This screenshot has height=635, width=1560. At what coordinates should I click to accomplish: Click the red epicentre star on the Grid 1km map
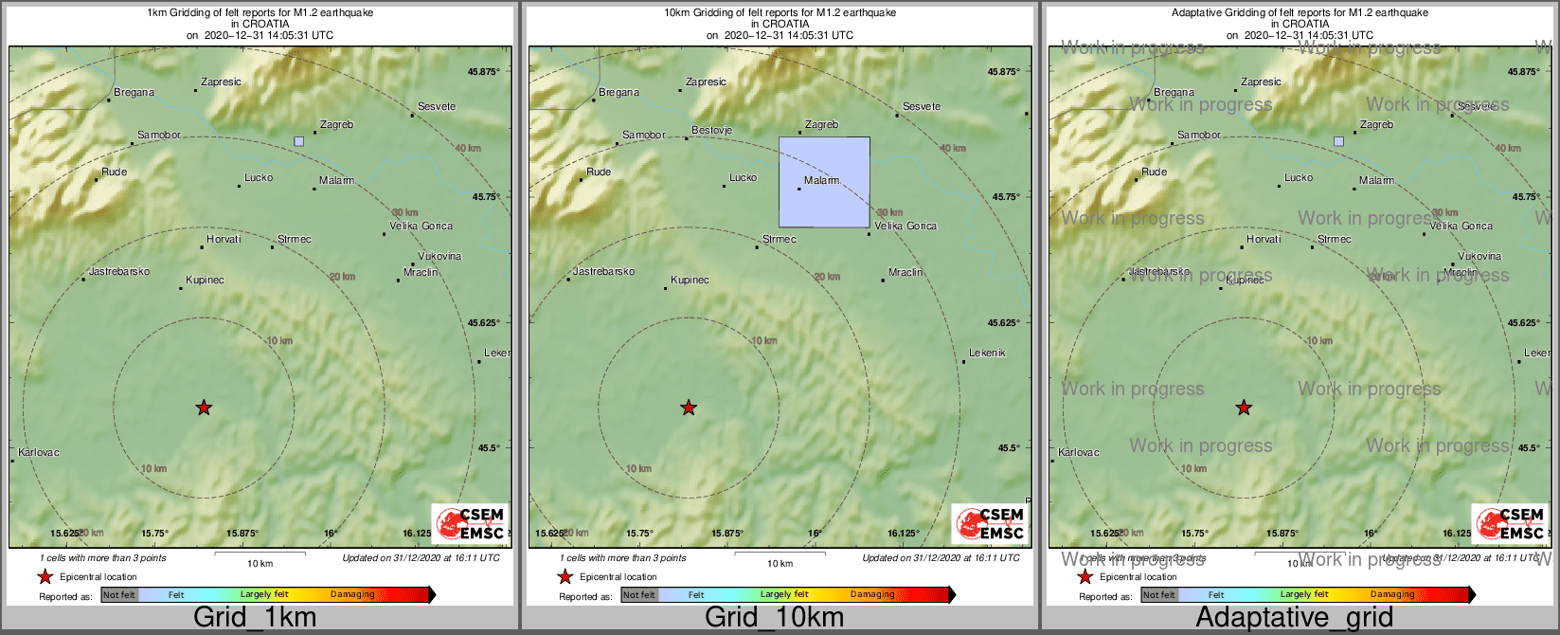click(x=204, y=408)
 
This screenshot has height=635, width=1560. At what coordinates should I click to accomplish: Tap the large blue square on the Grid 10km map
click(x=824, y=182)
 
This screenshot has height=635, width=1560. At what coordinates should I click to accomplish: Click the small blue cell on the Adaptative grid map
click(x=1338, y=141)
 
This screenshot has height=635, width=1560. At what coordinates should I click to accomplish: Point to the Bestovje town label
click(x=712, y=130)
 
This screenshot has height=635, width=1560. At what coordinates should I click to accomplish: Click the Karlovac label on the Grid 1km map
click(x=39, y=452)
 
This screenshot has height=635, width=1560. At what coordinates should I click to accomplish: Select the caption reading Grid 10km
click(x=774, y=617)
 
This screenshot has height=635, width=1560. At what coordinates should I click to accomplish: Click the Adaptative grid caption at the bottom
click(x=1294, y=617)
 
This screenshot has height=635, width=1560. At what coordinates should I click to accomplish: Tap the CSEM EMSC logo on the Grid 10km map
click(x=991, y=523)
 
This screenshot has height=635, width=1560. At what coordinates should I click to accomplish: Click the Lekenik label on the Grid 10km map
click(x=987, y=353)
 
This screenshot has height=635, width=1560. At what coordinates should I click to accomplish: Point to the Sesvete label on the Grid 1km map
click(x=437, y=106)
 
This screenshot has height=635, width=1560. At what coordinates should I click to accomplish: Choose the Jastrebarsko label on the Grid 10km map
click(x=604, y=271)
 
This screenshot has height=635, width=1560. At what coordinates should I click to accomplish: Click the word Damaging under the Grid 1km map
click(x=352, y=594)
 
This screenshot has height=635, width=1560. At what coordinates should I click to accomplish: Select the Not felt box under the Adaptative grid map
click(x=1158, y=595)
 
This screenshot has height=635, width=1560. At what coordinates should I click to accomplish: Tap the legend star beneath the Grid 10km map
click(x=565, y=576)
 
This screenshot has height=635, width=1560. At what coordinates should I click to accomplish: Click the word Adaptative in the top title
click(x=1201, y=12)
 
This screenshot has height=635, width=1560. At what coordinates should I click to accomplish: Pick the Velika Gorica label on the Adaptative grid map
click(x=1461, y=226)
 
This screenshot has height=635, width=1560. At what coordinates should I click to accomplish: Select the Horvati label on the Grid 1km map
click(x=224, y=239)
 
